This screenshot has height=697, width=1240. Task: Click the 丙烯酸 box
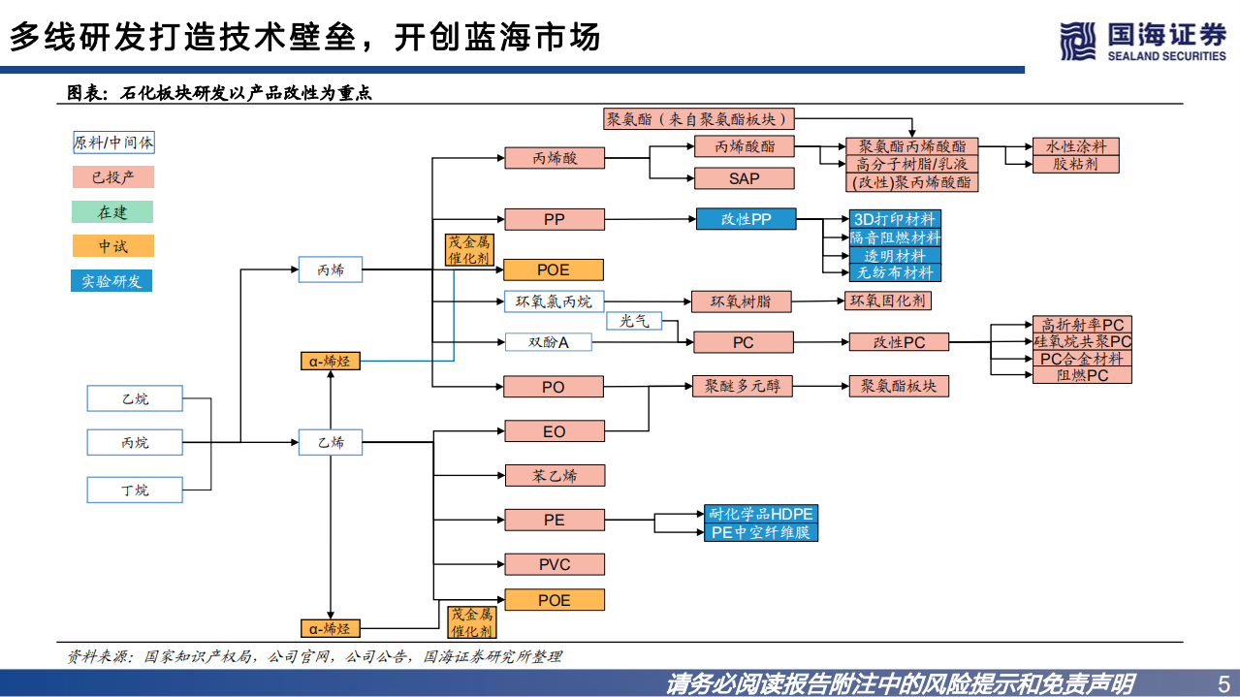point(554,158)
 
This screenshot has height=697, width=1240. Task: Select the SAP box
point(744,178)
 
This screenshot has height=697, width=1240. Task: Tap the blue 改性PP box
point(746,219)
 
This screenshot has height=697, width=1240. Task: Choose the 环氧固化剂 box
point(888,301)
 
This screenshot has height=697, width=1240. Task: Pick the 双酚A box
point(548,342)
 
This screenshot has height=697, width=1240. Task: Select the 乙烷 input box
point(135,398)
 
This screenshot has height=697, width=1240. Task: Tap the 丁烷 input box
point(135,490)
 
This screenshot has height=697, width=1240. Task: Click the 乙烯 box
point(331,442)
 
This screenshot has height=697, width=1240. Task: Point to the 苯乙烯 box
point(554,475)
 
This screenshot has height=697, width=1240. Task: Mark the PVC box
point(554,564)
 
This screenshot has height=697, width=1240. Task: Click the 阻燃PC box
point(1082,375)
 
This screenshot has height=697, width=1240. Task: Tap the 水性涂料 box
point(1075,146)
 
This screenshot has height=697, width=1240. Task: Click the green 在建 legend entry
point(112,212)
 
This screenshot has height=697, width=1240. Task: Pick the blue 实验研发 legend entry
point(112,281)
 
